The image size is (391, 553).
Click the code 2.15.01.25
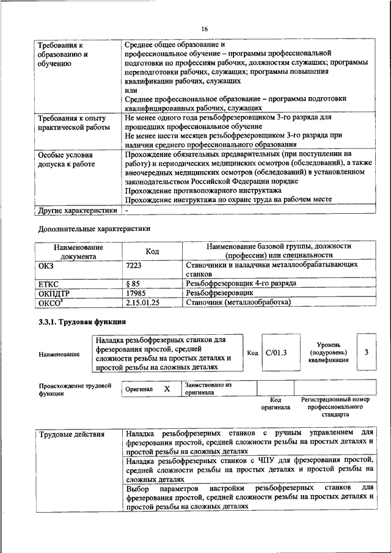click(x=142, y=302)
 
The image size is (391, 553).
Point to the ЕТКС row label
click(x=48, y=284)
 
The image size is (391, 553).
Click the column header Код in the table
click(x=152, y=251)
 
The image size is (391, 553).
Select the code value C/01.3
click(x=276, y=353)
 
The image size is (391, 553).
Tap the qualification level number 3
click(x=366, y=353)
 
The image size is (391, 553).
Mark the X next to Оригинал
click(x=167, y=389)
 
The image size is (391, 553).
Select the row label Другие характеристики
click(x=77, y=210)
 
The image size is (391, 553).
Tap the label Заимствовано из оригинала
click(x=208, y=389)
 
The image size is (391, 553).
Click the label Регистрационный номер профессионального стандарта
click(x=335, y=406)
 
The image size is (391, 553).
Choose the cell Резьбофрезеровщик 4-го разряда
click(x=241, y=284)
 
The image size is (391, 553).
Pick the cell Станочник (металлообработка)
click(x=238, y=302)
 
